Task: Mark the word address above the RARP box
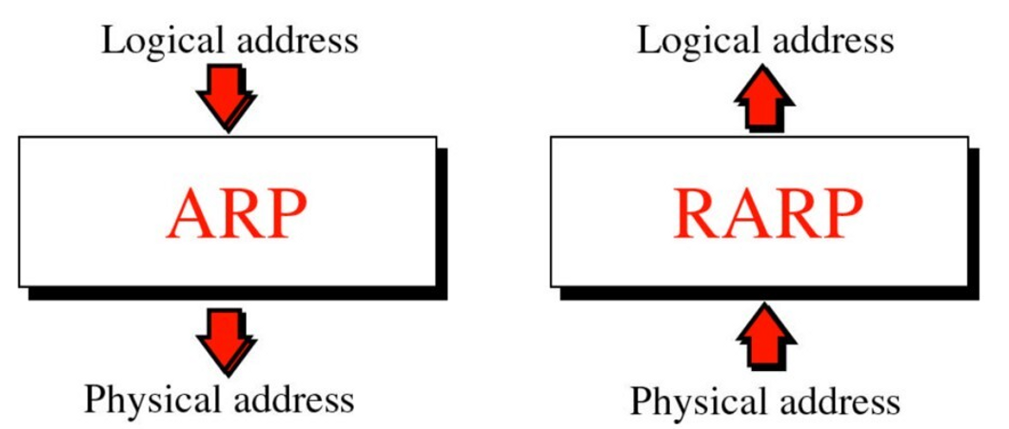tap(830, 41)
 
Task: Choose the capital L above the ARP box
tap(110, 40)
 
